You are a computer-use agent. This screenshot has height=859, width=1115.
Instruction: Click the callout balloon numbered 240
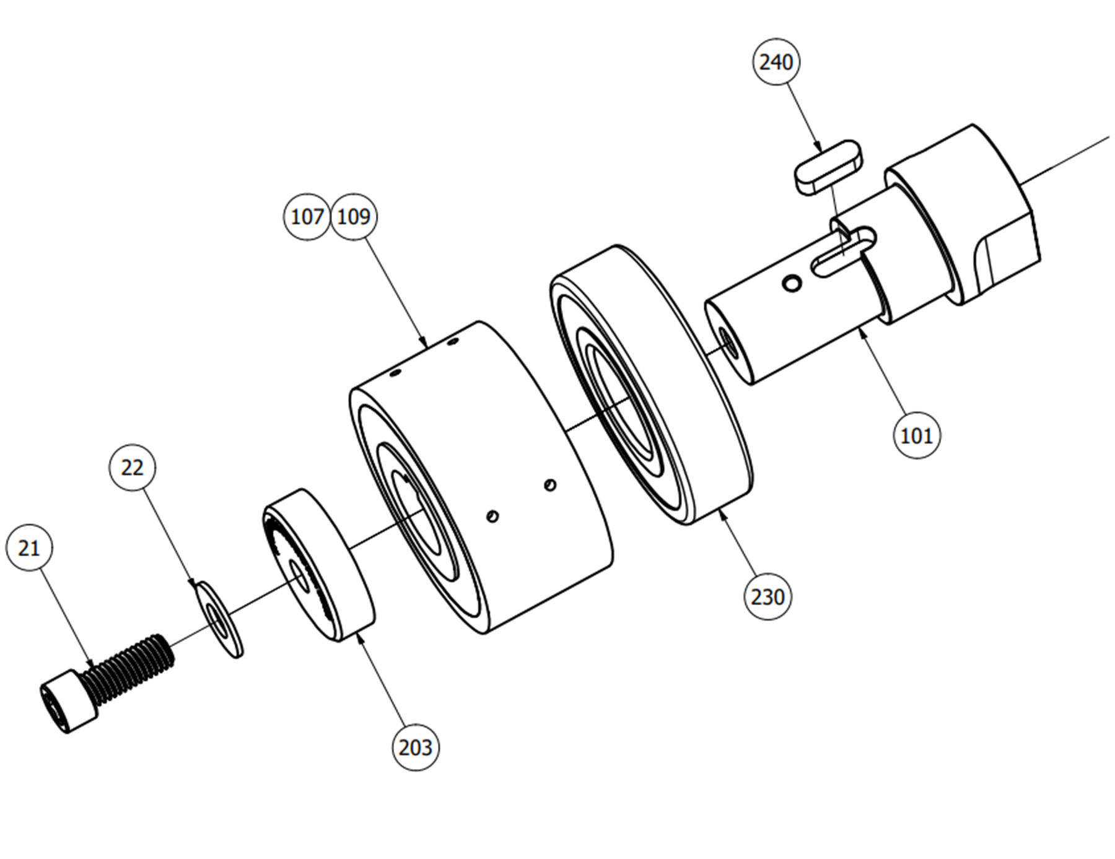776,62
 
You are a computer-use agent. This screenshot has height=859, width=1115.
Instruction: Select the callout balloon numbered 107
307,217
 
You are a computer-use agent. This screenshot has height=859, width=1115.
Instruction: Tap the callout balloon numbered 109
354,217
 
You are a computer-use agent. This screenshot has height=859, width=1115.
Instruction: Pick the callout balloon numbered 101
917,435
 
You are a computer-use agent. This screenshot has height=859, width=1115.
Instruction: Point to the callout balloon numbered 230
768,597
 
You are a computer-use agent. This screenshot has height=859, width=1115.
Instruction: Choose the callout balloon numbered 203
416,748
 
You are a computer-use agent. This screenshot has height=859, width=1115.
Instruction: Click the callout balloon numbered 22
132,467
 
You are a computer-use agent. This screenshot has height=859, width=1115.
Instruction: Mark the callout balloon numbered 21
29,548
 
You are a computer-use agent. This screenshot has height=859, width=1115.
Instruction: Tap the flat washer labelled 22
219,619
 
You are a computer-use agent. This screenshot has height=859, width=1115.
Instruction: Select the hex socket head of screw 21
69,702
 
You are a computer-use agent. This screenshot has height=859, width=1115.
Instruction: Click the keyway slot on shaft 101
844,251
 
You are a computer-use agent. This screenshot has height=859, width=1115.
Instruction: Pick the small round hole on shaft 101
792,284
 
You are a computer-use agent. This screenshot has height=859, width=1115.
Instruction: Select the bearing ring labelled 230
651,385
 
